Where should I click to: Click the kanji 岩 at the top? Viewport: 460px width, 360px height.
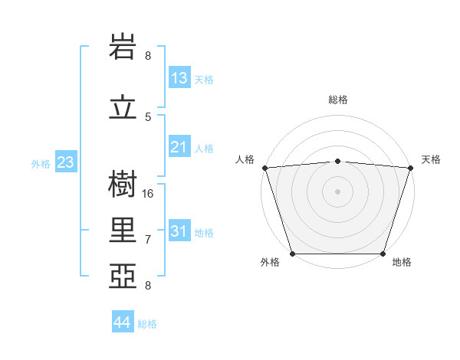[123, 47]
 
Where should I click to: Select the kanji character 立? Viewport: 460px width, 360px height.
[123, 108]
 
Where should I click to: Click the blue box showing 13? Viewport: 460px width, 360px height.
[179, 78]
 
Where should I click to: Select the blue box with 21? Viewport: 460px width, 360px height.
[179, 147]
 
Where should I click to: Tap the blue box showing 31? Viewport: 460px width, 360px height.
[179, 231]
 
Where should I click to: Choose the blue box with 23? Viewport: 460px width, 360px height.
[66, 162]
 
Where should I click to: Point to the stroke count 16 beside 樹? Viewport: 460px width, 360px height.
[148, 193]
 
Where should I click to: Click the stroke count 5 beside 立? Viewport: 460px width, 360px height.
[148, 116]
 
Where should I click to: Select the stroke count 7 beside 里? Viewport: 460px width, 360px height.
[148, 239]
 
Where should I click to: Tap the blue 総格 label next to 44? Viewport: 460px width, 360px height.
[147, 324]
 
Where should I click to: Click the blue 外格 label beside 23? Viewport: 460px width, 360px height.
[41, 163]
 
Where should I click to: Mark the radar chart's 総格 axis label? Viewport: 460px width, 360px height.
[337, 100]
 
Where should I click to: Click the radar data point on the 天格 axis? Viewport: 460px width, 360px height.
[410, 168]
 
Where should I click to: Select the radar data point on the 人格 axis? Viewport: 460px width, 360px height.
[264, 168]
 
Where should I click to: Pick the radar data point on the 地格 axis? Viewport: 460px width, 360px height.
[383, 254]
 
